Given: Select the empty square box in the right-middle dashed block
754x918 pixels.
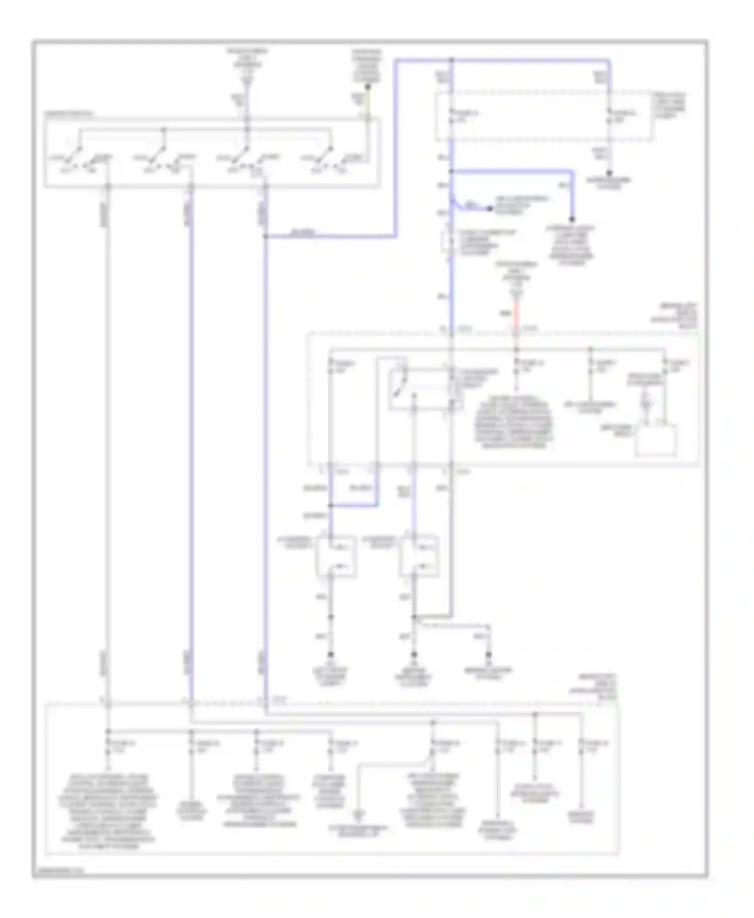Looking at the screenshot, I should coord(655,440).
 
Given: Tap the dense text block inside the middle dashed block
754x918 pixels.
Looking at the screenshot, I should coord(514,421).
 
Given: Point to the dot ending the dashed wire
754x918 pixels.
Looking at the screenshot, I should coord(488,655).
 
